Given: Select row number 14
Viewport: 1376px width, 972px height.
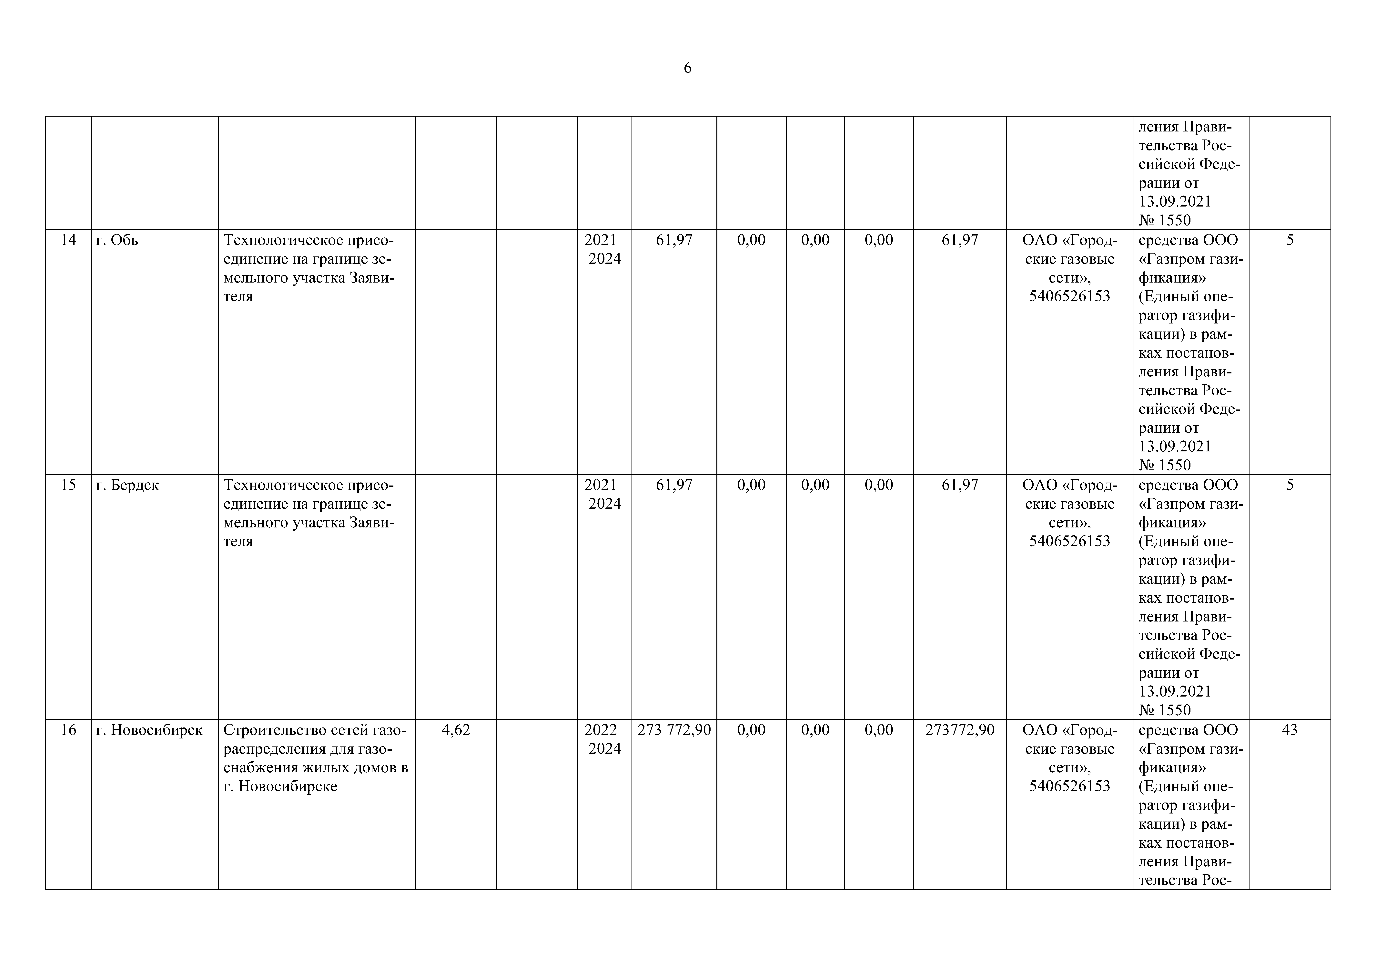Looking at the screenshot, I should pyautogui.click(x=68, y=240).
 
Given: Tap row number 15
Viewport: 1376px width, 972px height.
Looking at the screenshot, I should pyautogui.click(x=68, y=485).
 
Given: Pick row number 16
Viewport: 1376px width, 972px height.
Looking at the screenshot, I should pyautogui.click(x=68, y=730).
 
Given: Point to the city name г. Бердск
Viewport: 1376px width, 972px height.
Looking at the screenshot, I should pyautogui.click(x=127, y=485).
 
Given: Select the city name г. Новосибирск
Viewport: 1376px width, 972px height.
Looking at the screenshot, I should pyautogui.click(x=149, y=730).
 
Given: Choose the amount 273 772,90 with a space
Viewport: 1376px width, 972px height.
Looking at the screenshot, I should pyautogui.click(x=674, y=730).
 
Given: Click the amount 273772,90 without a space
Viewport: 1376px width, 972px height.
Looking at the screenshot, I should pyautogui.click(x=959, y=730).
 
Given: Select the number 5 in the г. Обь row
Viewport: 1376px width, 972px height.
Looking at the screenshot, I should pyautogui.click(x=1290, y=240).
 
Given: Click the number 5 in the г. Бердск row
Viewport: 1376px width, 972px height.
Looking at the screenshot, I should pyautogui.click(x=1290, y=485).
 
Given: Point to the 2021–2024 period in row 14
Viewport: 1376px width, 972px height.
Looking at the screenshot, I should pyautogui.click(x=605, y=249).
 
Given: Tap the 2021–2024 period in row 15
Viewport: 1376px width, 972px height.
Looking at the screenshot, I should pyautogui.click(x=605, y=494).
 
